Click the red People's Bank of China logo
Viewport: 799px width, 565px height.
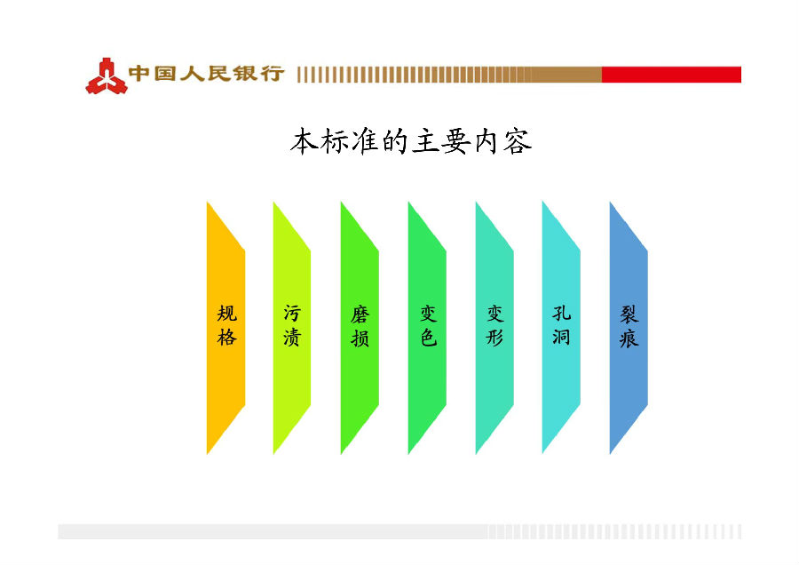(x=107, y=76)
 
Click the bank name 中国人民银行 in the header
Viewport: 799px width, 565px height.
(x=206, y=74)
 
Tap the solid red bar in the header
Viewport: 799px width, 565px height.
(x=671, y=75)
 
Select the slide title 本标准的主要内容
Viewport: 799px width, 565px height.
(x=411, y=141)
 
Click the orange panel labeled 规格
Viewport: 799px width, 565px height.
(x=225, y=328)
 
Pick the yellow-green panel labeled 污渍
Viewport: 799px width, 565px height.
(x=292, y=328)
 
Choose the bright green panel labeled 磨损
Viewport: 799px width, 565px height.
(x=360, y=328)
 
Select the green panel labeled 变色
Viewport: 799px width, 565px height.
(x=427, y=328)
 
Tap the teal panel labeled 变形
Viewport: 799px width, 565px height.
(x=494, y=328)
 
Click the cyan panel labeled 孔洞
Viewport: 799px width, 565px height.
(x=561, y=328)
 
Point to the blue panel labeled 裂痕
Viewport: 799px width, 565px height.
(x=629, y=328)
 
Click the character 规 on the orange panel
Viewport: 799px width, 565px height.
(x=226, y=314)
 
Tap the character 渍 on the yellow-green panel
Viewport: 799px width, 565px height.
(x=292, y=338)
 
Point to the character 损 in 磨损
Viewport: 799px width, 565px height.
(x=360, y=338)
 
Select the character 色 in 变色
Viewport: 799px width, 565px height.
(x=428, y=338)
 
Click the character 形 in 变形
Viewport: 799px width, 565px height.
(x=494, y=338)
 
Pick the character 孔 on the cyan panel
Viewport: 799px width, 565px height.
(x=562, y=313)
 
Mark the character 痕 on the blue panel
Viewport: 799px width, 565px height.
(x=629, y=338)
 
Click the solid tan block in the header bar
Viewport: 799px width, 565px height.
(x=566, y=75)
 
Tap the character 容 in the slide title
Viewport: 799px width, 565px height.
(x=518, y=142)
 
